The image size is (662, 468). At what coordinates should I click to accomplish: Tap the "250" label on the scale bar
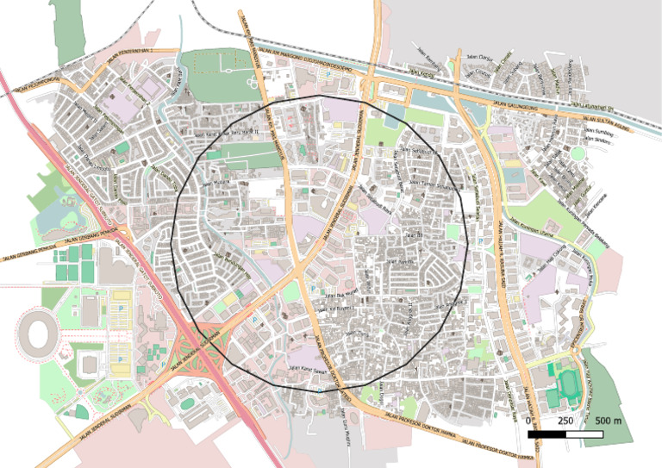pos(565,420)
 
